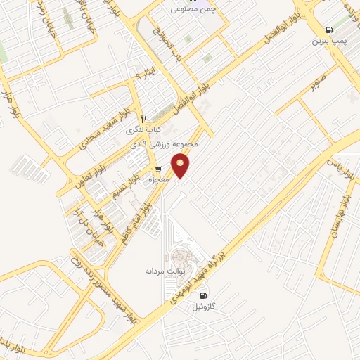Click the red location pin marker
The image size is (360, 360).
(182, 166)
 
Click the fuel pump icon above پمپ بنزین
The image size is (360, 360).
(328, 30)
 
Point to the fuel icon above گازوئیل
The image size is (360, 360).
(203, 295)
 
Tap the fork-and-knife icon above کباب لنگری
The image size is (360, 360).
(143, 119)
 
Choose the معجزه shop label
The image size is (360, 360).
(160, 181)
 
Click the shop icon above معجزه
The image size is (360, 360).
(159, 169)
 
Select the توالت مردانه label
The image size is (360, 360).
(165, 270)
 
